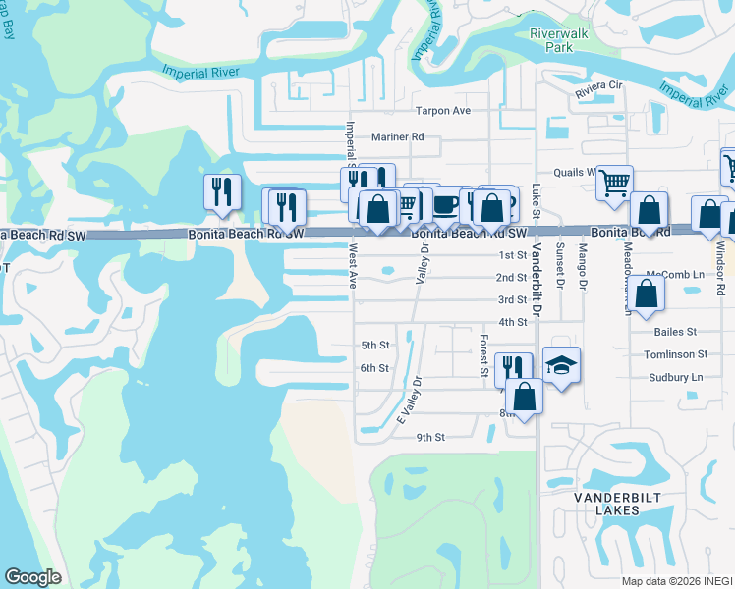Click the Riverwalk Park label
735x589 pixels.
click(550, 40)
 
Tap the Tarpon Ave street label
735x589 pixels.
click(442, 111)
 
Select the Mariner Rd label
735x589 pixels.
click(397, 137)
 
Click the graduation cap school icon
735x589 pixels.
click(561, 365)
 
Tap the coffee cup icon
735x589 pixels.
click(445, 204)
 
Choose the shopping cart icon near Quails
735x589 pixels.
click(614, 182)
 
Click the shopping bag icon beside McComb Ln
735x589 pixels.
click(645, 294)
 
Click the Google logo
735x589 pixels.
click(33, 577)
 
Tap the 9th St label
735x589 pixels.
click(430, 437)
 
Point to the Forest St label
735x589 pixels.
click(484, 354)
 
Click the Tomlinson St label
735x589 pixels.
click(675, 354)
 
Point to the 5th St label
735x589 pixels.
click(375, 346)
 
